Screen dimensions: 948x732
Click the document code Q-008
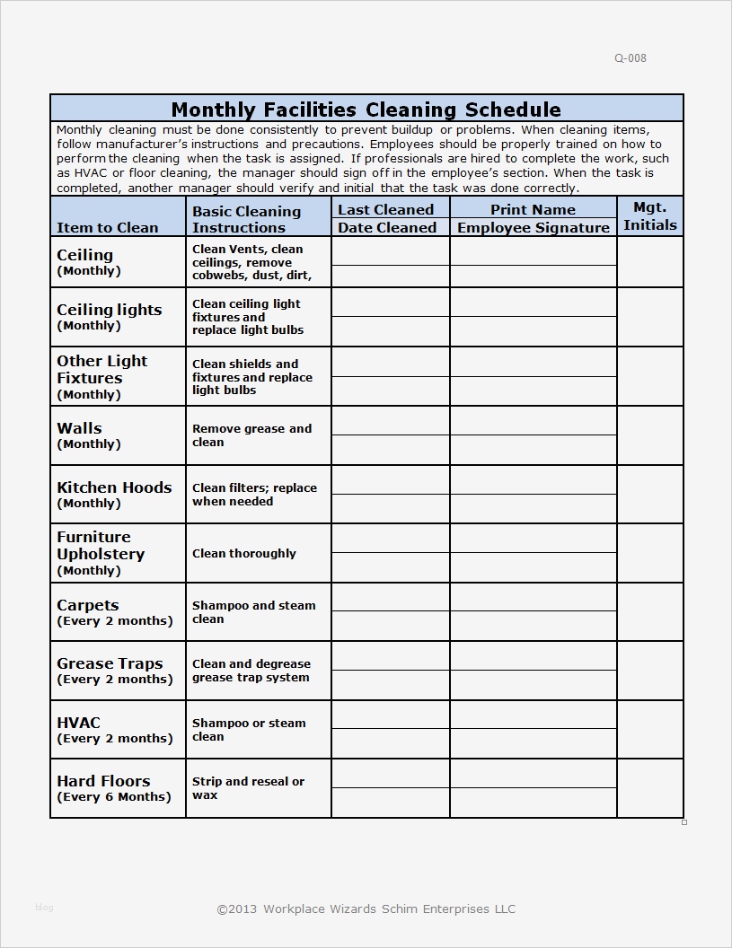point(630,58)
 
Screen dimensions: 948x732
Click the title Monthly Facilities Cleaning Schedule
point(366,110)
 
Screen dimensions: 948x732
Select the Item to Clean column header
point(107,227)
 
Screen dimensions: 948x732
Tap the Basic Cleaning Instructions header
point(246,219)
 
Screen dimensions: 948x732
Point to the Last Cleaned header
point(385,209)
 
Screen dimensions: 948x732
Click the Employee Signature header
point(533,227)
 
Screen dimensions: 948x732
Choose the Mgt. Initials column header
point(649,216)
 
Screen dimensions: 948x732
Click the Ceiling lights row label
point(109,310)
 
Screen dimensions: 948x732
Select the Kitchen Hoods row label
point(114,487)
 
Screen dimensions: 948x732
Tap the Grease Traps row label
point(110,663)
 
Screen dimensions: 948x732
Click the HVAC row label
point(79,723)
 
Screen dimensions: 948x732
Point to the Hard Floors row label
point(103,781)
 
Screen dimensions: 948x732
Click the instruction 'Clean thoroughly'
point(243,554)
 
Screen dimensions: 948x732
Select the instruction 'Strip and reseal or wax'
point(248,788)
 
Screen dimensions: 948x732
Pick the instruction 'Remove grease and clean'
point(251,435)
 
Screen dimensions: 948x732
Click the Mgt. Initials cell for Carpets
point(649,611)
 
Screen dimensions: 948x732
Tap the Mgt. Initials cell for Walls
point(649,435)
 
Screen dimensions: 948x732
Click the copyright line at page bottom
point(366,908)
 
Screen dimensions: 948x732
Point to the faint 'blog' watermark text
point(44,908)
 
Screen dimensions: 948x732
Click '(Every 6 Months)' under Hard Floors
point(113,797)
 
